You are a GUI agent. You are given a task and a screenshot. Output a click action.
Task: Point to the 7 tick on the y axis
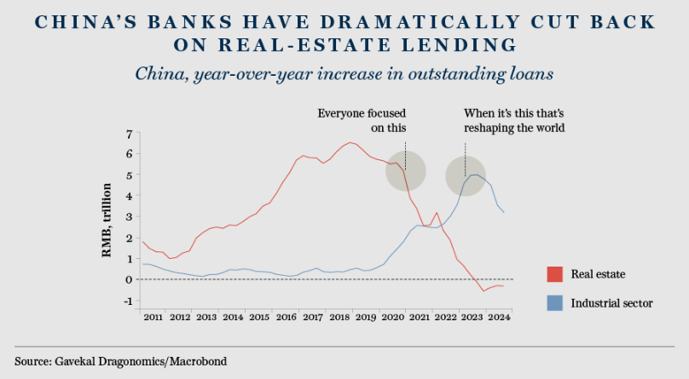click(x=129, y=134)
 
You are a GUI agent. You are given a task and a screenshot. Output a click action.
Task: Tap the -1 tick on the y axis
click(x=127, y=301)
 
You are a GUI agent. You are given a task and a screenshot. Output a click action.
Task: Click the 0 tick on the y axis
click(x=129, y=279)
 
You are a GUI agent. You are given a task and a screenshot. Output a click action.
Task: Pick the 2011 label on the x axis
click(x=153, y=318)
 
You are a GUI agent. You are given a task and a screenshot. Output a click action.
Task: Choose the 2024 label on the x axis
click(x=499, y=318)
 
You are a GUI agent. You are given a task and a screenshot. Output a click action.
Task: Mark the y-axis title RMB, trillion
click(x=108, y=220)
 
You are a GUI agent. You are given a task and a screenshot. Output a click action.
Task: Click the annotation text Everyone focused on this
click(x=362, y=120)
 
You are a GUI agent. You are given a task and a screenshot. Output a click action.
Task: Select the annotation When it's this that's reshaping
click(x=514, y=120)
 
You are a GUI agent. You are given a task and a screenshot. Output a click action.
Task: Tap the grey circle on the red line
click(x=406, y=171)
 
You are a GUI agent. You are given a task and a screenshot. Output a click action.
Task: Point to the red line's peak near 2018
click(x=350, y=142)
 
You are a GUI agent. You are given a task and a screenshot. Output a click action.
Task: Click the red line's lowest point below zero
click(x=483, y=291)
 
